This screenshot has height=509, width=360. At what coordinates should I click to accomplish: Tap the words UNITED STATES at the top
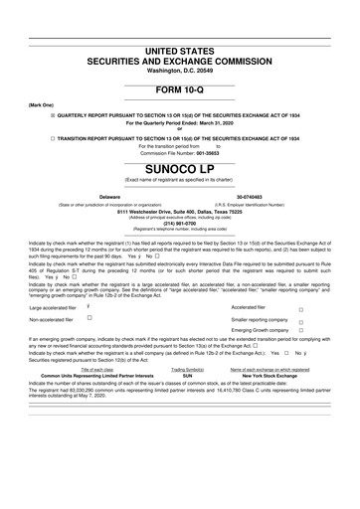180,49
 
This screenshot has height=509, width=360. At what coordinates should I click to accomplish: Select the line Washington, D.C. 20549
180,70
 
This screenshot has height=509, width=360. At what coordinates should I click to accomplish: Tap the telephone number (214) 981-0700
180,223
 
